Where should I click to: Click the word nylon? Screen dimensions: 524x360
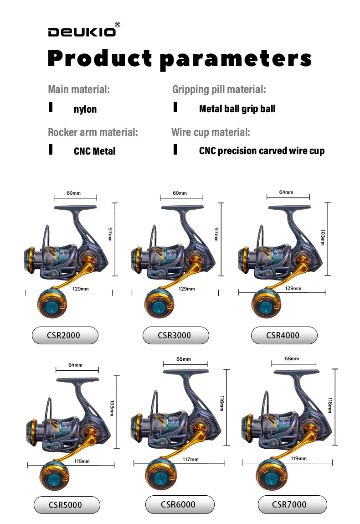[x=85, y=109]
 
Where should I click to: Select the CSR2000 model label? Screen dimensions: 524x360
[x=65, y=335]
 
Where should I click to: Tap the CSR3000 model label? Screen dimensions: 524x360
[x=175, y=335]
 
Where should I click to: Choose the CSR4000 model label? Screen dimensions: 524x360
[x=284, y=335]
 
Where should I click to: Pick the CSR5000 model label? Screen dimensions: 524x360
[x=67, y=505]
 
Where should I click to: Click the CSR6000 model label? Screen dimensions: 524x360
[x=179, y=504]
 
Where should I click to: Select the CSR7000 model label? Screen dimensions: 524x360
[x=292, y=504]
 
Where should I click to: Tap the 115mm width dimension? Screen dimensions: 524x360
[x=82, y=462]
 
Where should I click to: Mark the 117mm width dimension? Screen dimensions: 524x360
[x=190, y=459]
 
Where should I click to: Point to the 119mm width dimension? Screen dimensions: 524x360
[x=299, y=458]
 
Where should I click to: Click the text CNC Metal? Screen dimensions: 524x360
[x=94, y=151]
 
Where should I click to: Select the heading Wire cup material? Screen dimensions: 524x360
[x=211, y=133]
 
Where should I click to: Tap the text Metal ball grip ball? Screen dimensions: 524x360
[x=237, y=109]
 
